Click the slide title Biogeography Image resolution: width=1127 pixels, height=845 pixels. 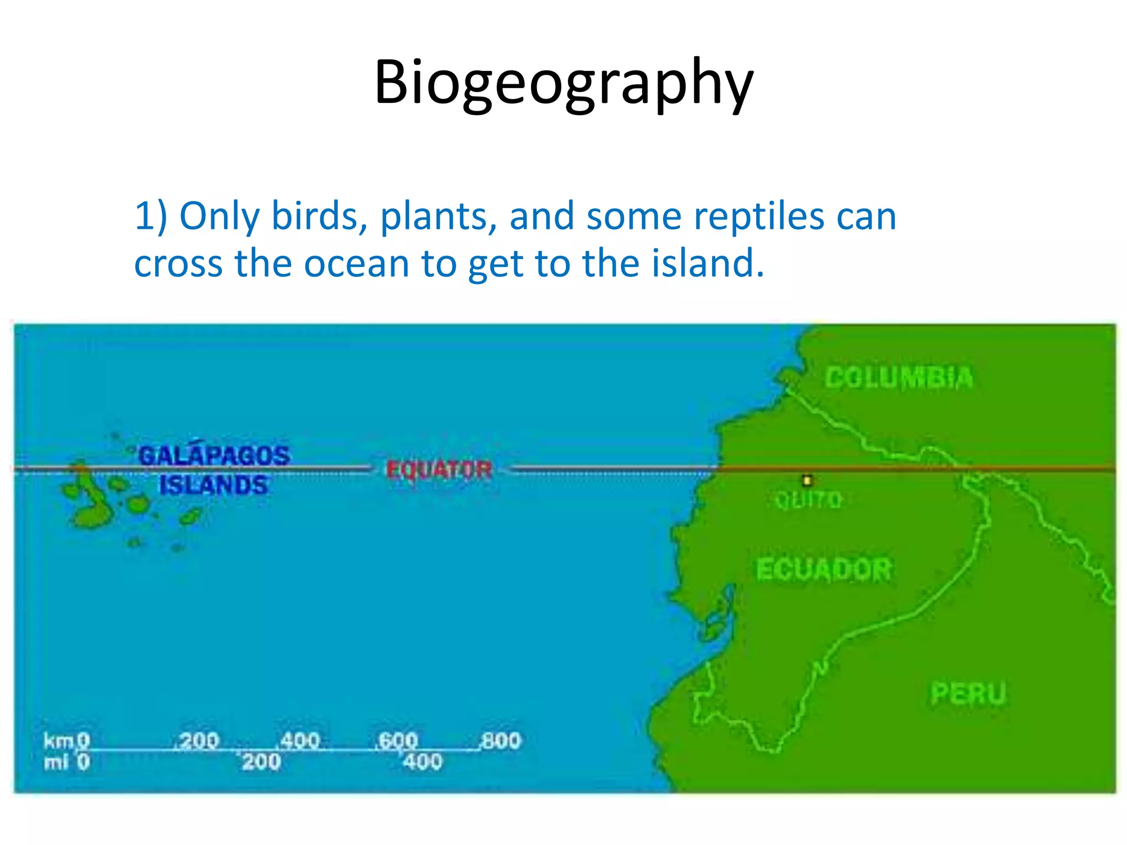pos(563,83)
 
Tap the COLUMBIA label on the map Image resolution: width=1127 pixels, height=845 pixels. pos(899,378)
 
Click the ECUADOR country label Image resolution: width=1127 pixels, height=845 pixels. pos(823,569)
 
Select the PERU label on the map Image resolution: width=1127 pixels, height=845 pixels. pos(968,693)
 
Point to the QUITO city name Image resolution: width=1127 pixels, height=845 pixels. pos(808,500)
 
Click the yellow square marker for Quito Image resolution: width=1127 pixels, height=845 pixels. pos(807,481)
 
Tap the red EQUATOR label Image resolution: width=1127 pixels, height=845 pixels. pos(439,470)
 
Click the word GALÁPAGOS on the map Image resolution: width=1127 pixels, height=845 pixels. pos(214,456)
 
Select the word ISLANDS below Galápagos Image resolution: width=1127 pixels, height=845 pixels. pos(214,485)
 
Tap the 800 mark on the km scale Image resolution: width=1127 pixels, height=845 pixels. pos(500,740)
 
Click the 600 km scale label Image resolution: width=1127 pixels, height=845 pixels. pos(398,740)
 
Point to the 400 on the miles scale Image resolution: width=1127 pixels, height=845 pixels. pos(422,762)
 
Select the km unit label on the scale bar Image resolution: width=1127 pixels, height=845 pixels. pos(58,741)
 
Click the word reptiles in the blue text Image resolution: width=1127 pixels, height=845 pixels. pos(759,216)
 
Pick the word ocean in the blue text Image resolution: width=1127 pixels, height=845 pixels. pos(356,263)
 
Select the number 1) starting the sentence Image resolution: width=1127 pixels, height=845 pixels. pos(150,216)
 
